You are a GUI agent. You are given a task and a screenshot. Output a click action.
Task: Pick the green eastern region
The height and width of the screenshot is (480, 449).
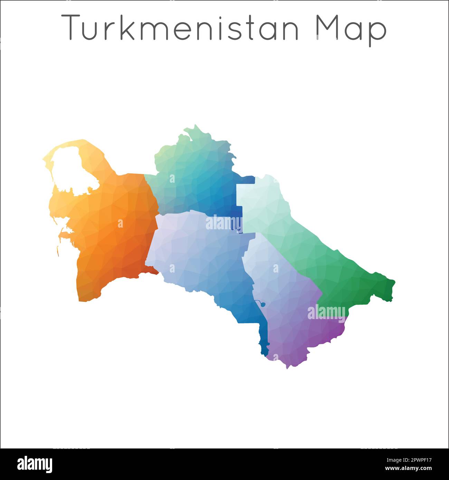click(x=311, y=249)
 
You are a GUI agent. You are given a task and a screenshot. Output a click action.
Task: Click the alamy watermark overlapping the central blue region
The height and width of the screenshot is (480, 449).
click(x=223, y=223)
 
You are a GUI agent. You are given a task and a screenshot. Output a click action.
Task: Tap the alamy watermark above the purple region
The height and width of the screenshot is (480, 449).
click(x=326, y=312)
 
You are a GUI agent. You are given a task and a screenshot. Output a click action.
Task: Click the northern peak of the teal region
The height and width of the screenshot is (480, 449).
click(x=196, y=126)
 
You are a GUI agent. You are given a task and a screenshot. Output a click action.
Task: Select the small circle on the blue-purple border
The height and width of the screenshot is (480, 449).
click(x=263, y=304)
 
